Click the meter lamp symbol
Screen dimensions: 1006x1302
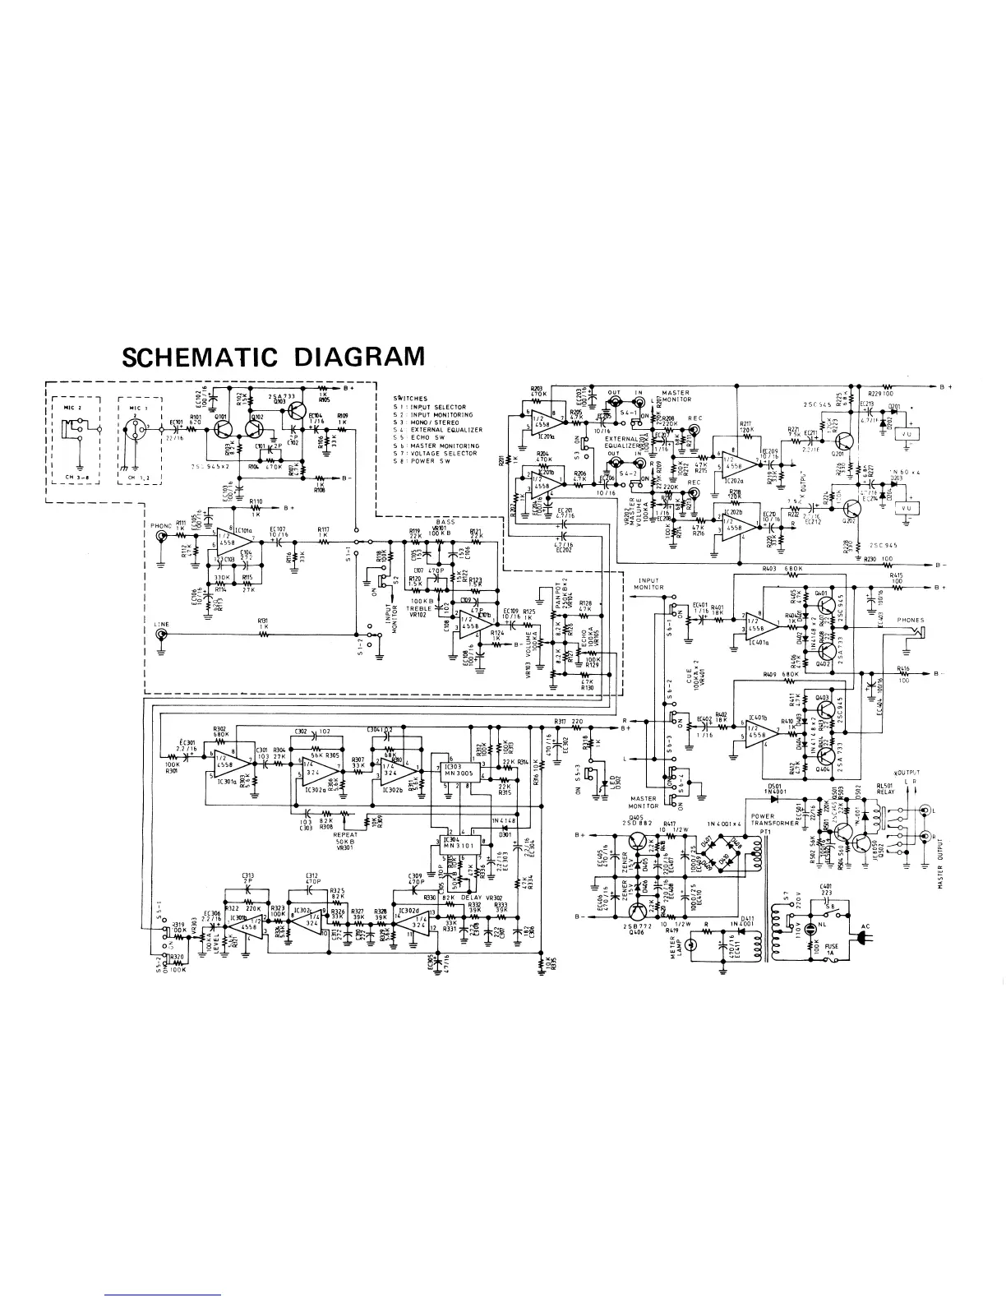pos(691,945)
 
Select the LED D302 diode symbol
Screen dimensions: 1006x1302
pos(606,783)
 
